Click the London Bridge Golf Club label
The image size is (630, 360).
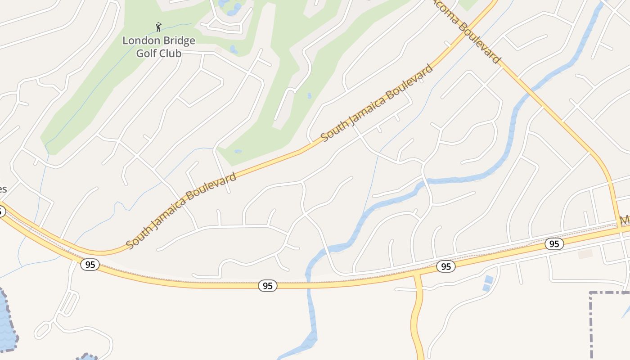[x=159, y=47]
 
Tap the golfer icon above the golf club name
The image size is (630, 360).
[x=158, y=27]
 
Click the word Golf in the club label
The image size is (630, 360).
[x=147, y=53]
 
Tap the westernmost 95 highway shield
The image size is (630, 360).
[x=90, y=265]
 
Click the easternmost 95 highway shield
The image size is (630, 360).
[x=554, y=244]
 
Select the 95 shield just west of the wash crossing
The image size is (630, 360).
[x=268, y=286]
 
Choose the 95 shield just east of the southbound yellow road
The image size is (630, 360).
[x=445, y=266]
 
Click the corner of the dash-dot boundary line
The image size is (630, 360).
[x=591, y=293]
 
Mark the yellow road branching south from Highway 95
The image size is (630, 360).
[x=418, y=315]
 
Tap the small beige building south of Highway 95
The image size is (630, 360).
[x=585, y=254]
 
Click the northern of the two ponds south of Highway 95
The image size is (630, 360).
[x=489, y=279]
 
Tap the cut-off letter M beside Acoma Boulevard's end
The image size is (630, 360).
[x=625, y=220]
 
